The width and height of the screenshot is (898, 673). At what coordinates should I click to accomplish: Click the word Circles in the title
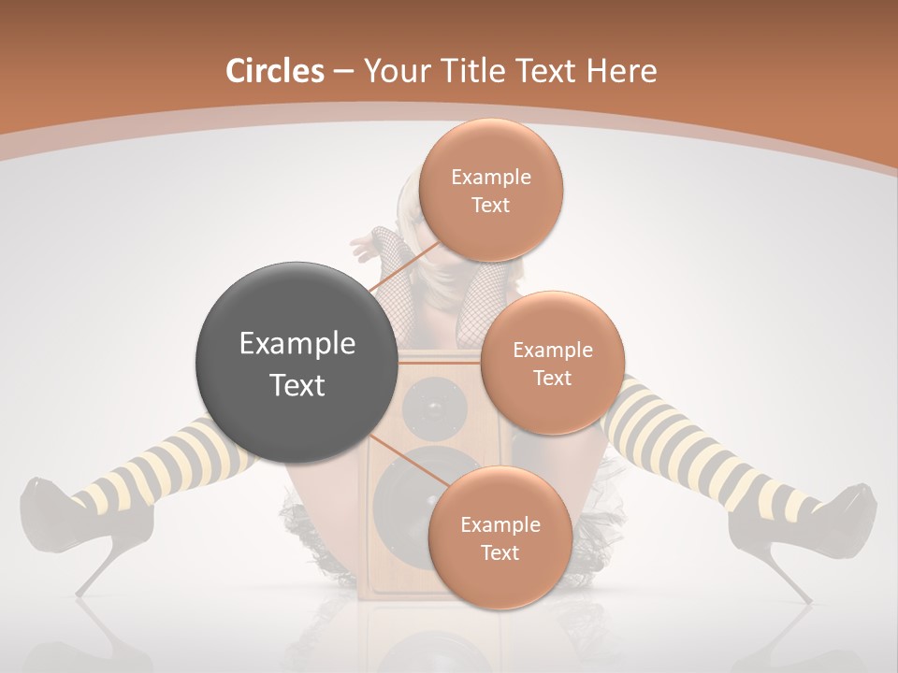point(275,71)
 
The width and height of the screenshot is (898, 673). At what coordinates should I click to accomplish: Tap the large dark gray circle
point(297,363)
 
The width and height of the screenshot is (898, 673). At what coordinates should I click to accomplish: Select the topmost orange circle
point(490,190)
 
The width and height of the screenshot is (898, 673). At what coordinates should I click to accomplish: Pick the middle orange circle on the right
point(552,363)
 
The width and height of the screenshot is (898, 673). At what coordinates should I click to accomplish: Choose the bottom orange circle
point(500,537)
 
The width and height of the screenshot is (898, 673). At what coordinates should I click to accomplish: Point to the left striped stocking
point(164,463)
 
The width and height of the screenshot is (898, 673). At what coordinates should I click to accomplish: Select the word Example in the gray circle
point(297,344)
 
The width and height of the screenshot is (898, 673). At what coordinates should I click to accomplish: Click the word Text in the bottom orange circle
point(500,552)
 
